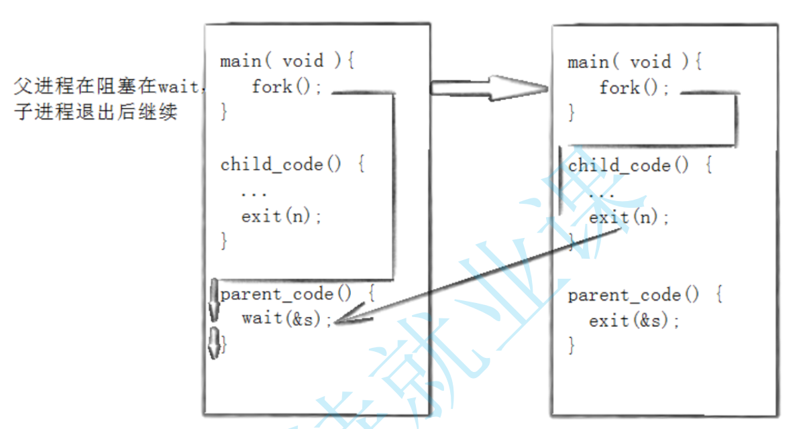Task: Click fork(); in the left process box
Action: coord(282,86)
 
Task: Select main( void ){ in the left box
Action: coord(286,62)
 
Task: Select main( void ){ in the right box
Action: coord(634,62)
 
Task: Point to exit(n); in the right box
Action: coord(629,218)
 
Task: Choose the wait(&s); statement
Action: coord(287,318)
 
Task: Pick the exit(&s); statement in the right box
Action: coord(634,321)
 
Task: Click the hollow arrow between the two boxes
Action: coord(490,88)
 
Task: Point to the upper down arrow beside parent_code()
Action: coord(214,300)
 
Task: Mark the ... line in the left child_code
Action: coord(254,192)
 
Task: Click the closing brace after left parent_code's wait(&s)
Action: coord(225,344)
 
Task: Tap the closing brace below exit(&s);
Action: coord(572,346)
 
